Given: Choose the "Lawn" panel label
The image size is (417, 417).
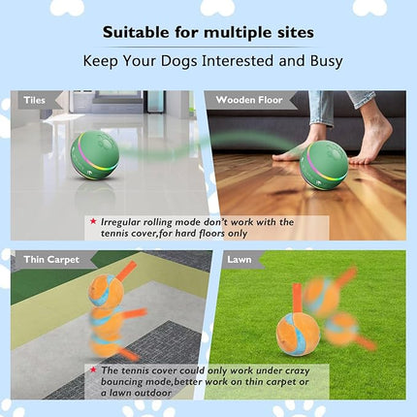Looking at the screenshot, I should (x=239, y=260).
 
